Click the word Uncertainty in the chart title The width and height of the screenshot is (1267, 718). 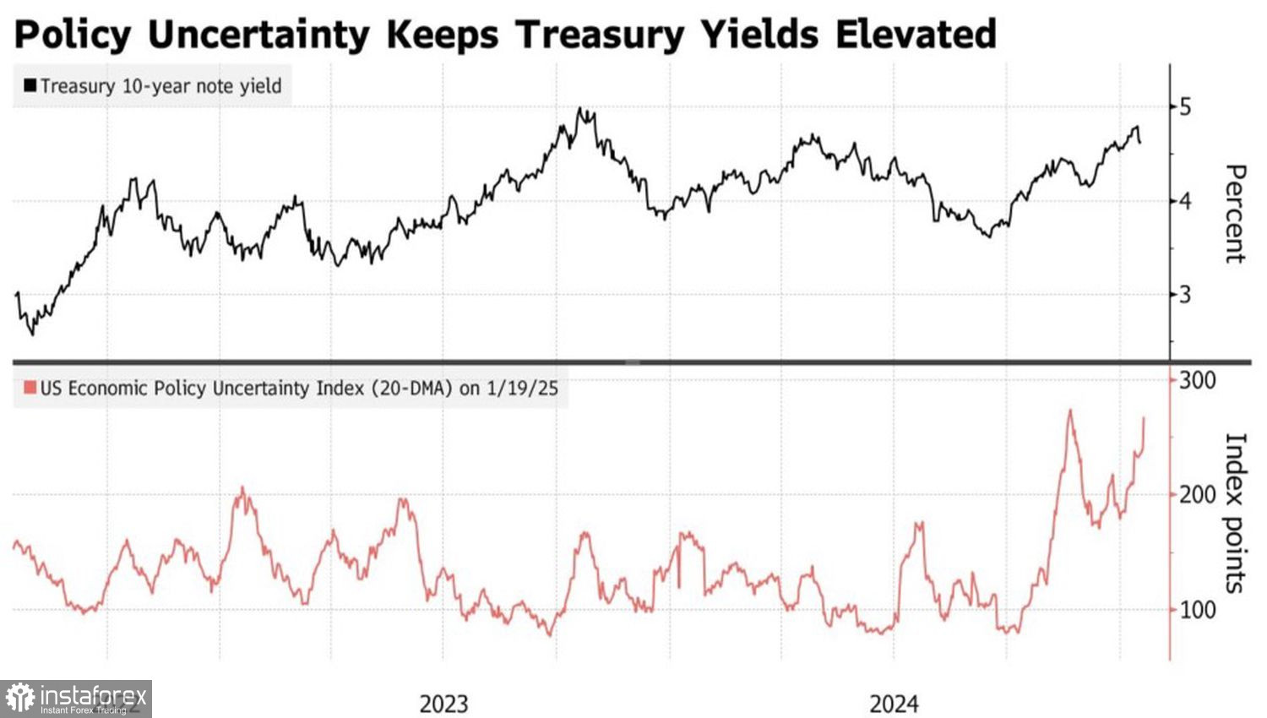pyautogui.click(x=258, y=35)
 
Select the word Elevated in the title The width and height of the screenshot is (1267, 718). pyautogui.click(x=916, y=35)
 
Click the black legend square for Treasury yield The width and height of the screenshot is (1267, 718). pyautogui.click(x=30, y=85)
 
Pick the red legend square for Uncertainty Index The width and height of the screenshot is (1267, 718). pyautogui.click(x=30, y=388)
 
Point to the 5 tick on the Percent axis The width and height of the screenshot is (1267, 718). pyautogui.click(x=1185, y=106)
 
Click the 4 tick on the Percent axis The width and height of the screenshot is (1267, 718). pyautogui.click(x=1185, y=201)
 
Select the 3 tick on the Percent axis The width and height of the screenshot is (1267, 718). pyautogui.click(x=1185, y=295)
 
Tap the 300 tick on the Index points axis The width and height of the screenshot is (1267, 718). pyautogui.click(x=1197, y=380)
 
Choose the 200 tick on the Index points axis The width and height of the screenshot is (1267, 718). pyautogui.click(x=1197, y=494)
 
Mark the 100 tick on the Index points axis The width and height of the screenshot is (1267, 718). pyautogui.click(x=1197, y=609)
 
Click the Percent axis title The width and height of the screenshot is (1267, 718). pyautogui.click(x=1234, y=214)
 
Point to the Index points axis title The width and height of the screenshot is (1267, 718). pyautogui.click(x=1234, y=512)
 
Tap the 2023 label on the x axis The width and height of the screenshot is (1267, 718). pyautogui.click(x=443, y=704)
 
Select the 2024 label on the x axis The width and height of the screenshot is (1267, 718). pyautogui.click(x=894, y=704)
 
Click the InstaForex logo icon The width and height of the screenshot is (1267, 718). pyautogui.click(x=20, y=699)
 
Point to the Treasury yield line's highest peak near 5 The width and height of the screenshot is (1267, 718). pyautogui.click(x=580, y=108)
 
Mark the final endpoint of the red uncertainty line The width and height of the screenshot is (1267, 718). pyautogui.click(x=1145, y=417)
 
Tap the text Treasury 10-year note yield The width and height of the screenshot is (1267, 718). pyautogui.click(x=160, y=85)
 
